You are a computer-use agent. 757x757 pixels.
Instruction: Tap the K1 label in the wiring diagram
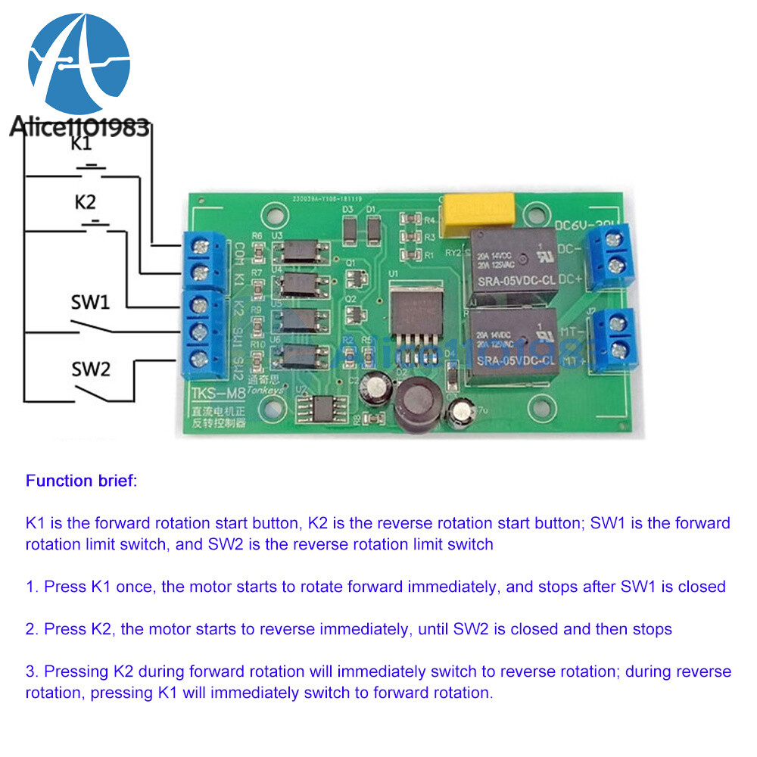pyautogui.click(x=81, y=143)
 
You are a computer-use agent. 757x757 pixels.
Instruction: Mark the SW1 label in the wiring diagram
pyautogui.click(x=91, y=302)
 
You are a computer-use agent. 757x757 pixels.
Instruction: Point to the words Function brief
pyautogui.click(x=81, y=480)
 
